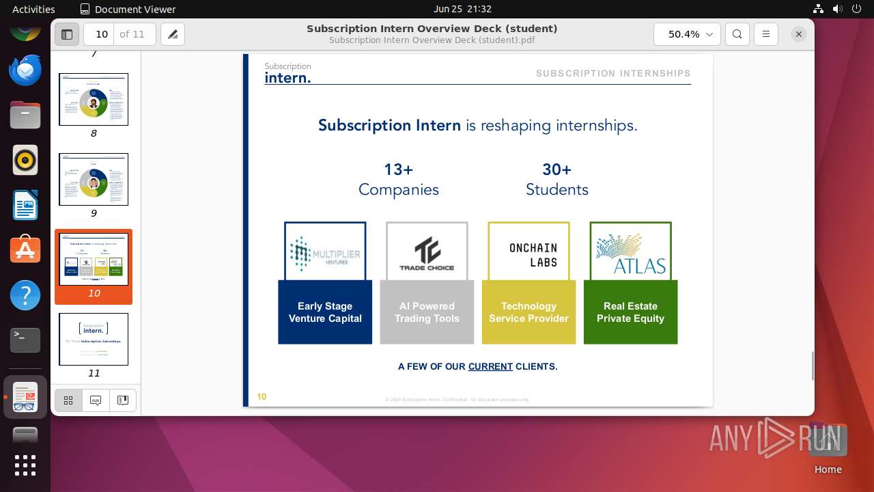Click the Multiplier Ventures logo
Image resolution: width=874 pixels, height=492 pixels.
(325, 251)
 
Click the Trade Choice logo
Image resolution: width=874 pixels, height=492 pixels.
(427, 251)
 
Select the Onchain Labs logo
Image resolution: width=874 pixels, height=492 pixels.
(529, 251)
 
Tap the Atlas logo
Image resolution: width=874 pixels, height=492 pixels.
(630, 251)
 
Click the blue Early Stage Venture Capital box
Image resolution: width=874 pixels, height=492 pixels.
(325, 312)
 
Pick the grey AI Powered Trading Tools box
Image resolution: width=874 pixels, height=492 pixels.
(427, 312)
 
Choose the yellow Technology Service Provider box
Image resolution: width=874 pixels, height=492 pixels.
(528, 312)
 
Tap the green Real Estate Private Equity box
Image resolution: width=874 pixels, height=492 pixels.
(630, 312)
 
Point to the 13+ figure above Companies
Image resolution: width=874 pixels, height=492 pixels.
(399, 169)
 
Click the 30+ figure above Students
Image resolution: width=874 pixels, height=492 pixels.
(556, 169)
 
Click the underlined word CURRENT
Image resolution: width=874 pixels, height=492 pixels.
(490, 367)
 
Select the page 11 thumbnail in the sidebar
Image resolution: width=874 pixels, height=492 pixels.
(94, 340)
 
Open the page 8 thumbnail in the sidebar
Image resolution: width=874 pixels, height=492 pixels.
(94, 100)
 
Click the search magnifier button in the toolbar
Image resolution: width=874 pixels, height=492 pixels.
(737, 34)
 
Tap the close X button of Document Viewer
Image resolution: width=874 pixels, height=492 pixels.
(798, 34)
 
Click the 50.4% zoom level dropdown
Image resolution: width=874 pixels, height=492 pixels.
(687, 34)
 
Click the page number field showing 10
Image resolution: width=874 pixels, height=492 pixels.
(102, 34)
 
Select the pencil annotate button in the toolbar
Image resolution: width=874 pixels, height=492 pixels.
(173, 34)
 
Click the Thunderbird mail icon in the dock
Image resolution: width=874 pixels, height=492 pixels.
(25, 70)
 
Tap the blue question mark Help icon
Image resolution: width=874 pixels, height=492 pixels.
(25, 296)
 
